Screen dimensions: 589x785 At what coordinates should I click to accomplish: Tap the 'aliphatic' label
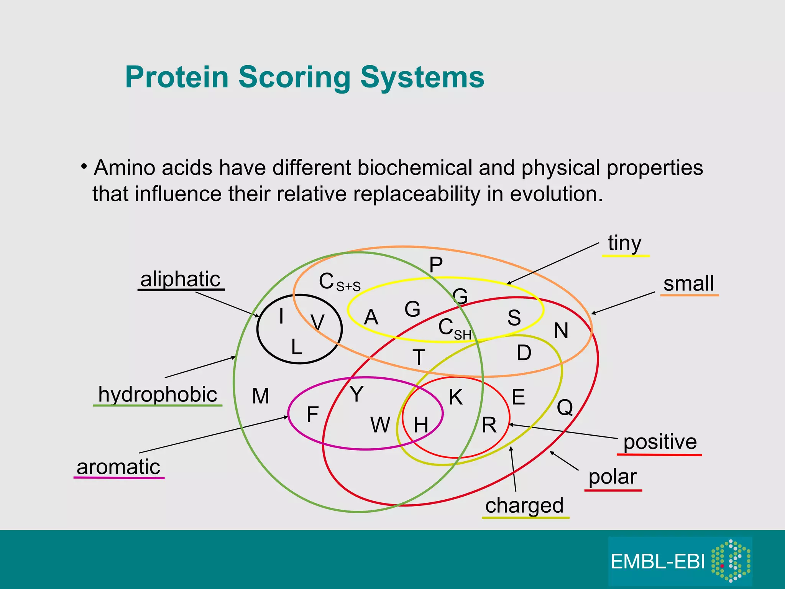[180, 279]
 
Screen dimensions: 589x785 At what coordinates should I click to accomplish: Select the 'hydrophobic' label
[158, 394]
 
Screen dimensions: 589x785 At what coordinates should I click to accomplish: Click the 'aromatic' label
[118, 467]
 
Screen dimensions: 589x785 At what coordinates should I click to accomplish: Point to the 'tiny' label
[624, 243]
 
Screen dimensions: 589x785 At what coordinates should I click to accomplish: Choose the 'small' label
[688, 283]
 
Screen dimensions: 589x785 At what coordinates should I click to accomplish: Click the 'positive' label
[660, 442]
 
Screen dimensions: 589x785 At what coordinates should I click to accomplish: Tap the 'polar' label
[613, 477]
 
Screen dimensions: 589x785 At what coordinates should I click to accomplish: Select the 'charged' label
[524, 505]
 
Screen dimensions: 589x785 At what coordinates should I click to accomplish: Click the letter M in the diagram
[261, 396]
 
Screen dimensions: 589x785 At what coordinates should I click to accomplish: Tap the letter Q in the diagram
[565, 407]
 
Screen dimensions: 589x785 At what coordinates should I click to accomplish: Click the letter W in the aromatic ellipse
[380, 425]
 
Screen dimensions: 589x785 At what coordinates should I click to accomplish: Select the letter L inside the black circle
[296, 347]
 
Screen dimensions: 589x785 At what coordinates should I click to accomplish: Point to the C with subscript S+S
[339, 282]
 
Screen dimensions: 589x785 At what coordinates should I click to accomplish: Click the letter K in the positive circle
[456, 397]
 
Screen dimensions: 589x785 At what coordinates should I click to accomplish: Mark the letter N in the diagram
[561, 331]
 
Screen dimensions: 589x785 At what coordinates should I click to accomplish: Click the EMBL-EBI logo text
[658, 562]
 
